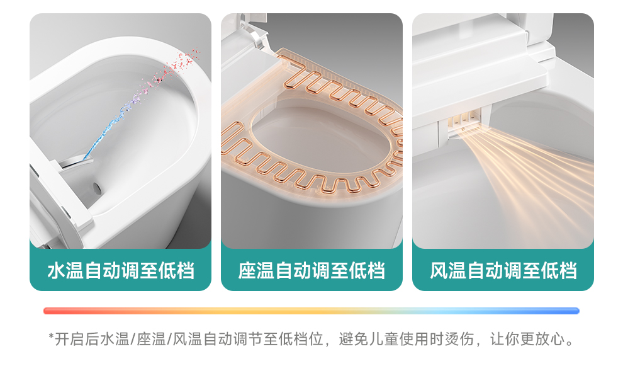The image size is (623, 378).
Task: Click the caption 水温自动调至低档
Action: coord(120,271)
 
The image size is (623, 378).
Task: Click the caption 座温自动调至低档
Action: coord(311,271)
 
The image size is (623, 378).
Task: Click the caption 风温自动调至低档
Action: coord(503,271)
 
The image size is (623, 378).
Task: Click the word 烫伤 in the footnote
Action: coord(459,340)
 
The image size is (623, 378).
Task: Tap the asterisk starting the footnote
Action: coord(51,339)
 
